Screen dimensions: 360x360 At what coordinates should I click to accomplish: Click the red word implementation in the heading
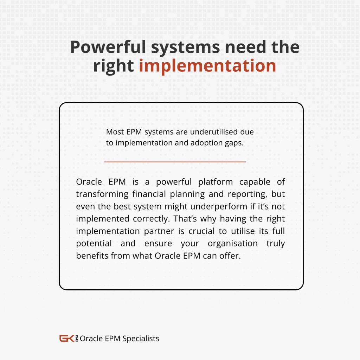(207, 66)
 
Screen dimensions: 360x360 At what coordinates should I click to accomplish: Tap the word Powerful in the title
(108, 47)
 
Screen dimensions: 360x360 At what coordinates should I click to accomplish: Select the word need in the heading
(245, 47)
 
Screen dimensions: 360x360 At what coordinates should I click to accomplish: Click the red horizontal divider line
(175, 162)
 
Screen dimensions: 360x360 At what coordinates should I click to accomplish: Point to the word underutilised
(213, 132)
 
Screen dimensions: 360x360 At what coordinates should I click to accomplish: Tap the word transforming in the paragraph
(102, 194)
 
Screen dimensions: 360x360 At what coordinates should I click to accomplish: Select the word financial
(149, 194)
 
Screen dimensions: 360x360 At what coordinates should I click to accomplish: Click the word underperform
(219, 207)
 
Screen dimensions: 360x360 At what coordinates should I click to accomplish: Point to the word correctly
(151, 219)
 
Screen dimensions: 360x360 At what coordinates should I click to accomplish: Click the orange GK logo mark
(67, 339)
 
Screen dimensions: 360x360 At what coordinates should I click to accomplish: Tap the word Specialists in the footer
(141, 339)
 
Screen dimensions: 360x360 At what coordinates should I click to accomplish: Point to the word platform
(216, 182)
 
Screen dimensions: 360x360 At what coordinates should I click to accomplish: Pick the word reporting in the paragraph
(247, 194)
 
